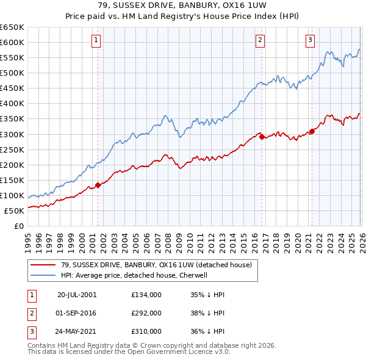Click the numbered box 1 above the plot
(97, 41)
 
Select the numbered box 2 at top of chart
(260, 41)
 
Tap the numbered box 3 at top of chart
(310, 41)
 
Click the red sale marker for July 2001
(98, 185)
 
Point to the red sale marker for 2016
(261, 137)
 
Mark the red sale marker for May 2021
(312, 131)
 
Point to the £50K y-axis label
(15, 211)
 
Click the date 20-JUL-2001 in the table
(77, 294)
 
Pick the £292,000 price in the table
(146, 313)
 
